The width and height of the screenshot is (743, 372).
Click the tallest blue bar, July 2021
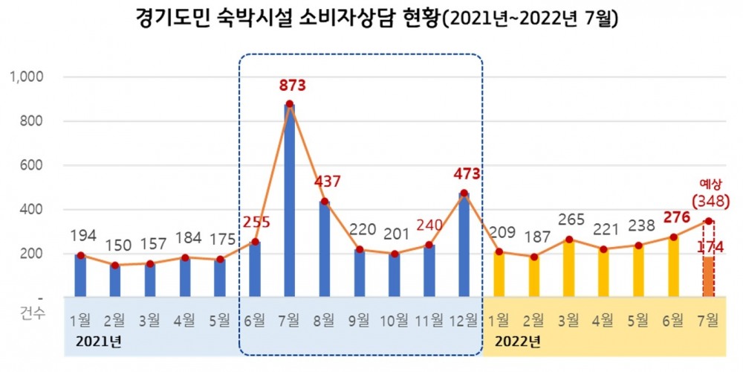290,201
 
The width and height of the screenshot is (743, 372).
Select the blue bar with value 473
464,246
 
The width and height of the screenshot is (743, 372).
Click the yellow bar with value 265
570,269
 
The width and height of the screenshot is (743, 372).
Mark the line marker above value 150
115,265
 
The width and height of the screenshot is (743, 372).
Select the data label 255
256,221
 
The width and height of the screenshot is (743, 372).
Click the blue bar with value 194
80,276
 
